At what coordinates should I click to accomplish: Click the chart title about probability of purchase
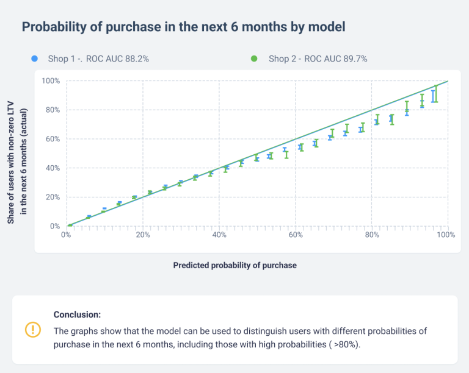pyautogui.click(x=183, y=27)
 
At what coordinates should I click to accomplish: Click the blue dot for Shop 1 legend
pyautogui.click(x=35, y=59)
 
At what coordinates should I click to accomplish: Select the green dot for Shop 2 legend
pyautogui.click(x=254, y=59)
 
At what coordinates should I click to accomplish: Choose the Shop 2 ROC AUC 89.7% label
pyautogui.click(x=318, y=59)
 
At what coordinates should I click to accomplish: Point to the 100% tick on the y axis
pyautogui.click(x=50, y=80)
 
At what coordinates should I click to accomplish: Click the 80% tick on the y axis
pyautogui.click(x=52, y=110)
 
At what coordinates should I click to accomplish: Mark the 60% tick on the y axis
pyautogui.click(x=52, y=139)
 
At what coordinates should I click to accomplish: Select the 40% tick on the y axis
pyautogui.click(x=52, y=168)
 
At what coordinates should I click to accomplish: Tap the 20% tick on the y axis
pyautogui.click(x=52, y=197)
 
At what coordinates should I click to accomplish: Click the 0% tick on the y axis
pyautogui.click(x=54, y=226)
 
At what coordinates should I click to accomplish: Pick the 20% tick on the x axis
pyautogui.click(x=143, y=235)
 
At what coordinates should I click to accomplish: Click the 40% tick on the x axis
pyautogui.click(x=219, y=235)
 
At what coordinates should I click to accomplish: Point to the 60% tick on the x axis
pyautogui.click(x=296, y=235)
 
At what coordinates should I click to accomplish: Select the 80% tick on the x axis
pyautogui.click(x=372, y=235)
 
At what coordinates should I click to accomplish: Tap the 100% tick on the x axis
pyautogui.click(x=447, y=235)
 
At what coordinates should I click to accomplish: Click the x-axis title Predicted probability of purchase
pyautogui.click(x=234, y=265)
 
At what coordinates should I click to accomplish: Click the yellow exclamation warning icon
pyautogui.click(x=32, y=330)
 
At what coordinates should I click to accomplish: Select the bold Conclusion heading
pyautogui.click(x=77, y=314)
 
